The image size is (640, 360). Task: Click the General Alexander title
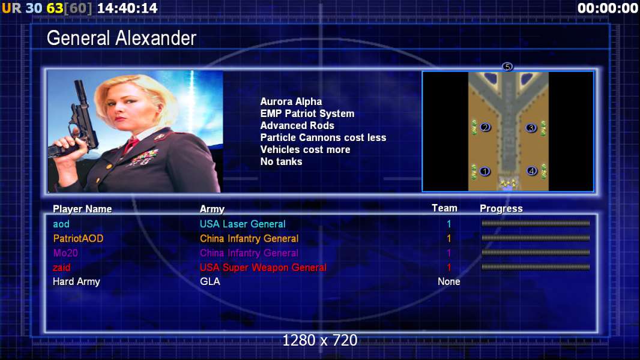(121, 38)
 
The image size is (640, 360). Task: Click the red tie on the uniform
(131, 145)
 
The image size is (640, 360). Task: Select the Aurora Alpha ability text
(291, 101)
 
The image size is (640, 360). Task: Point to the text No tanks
(281, 161)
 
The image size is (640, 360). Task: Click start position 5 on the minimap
(507, 67)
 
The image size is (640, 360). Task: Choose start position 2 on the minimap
(485, 127)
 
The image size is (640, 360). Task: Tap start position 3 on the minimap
(531, 128)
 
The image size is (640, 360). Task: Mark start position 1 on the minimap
(485, 171)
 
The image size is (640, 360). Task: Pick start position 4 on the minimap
(531, 171)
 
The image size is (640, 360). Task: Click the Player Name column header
(82, 209)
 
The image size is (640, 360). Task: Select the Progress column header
(501, 208)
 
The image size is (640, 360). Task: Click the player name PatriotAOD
(78, 239)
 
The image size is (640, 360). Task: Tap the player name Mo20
(65, 253)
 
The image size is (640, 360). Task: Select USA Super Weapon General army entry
(264, 268)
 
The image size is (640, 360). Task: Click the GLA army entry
(210, 281)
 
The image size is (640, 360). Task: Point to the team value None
(449, 281)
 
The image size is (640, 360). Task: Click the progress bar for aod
(536, 223)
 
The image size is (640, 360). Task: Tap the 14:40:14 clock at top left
(127, 8)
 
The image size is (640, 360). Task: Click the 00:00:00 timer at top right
(608, 8)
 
